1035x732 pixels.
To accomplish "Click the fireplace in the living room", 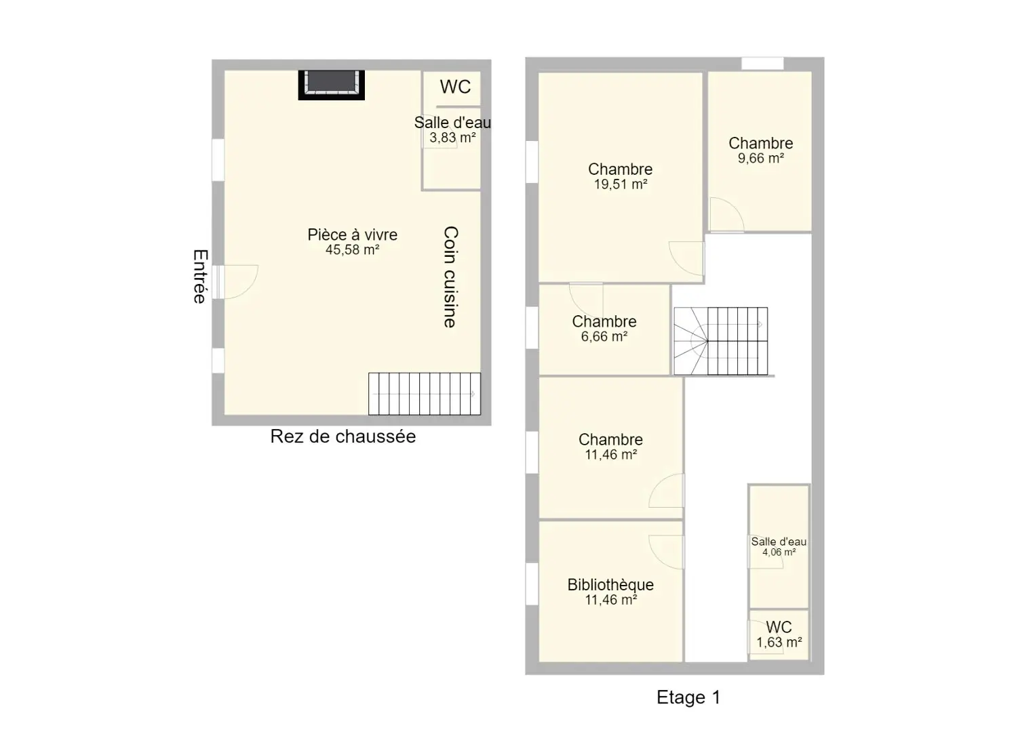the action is (331, 85).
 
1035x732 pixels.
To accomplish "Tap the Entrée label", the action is (200, 277).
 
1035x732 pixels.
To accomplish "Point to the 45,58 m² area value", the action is (353, 250).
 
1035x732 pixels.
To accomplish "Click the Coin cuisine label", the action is (450, 277).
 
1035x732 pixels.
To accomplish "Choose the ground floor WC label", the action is (455, 87).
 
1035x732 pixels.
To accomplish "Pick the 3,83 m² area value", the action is (453, 138).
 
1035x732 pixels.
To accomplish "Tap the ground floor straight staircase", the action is (424, 394).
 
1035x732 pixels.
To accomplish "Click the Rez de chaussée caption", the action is (343, 436).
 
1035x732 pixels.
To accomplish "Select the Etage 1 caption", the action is (688, 697).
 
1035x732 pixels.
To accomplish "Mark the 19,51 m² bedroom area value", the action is (621, 184).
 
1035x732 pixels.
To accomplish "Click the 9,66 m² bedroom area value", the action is (761, 159).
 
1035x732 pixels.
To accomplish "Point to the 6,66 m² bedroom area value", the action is (604, 337).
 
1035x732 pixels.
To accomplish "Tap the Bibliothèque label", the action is (611, 585).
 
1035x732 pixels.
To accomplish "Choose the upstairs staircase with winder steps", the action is (721, 342).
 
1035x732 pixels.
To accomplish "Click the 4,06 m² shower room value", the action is (779, 552).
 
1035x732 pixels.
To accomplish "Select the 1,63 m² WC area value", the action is (779, 643).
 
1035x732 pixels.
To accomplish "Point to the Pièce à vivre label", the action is (353, 235).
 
